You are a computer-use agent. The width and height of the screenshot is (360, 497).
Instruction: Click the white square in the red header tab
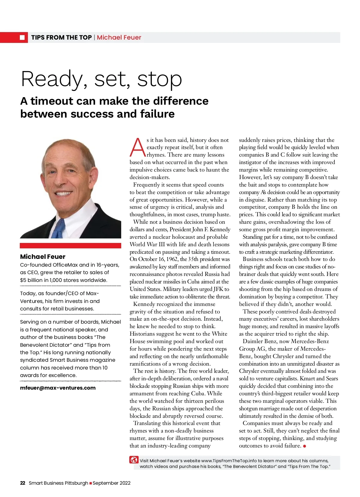(22, 37)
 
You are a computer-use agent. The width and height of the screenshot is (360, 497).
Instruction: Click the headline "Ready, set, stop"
(101, 79)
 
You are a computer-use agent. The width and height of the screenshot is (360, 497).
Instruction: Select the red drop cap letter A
(137, 148)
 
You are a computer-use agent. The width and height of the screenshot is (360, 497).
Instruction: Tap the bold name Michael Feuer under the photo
(43, 257)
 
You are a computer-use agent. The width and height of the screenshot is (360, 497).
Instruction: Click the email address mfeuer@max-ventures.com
(58, 388)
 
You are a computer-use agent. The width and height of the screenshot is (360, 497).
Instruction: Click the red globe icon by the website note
(134, 460)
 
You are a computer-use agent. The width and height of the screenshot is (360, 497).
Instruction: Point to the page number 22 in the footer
(22, 483)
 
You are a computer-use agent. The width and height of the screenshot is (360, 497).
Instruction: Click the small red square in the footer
(91, 483)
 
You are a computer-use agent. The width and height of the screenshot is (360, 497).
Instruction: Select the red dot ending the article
(304, 446)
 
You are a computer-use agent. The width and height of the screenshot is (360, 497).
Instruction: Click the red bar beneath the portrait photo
(70, 245)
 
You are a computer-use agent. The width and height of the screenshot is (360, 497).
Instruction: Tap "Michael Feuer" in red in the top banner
(119, 37)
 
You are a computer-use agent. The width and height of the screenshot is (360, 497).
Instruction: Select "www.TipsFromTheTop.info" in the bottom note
(229, 461)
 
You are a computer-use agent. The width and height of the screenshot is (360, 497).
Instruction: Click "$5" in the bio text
(23, 280)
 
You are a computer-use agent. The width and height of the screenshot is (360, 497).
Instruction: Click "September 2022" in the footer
(112, 483)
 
